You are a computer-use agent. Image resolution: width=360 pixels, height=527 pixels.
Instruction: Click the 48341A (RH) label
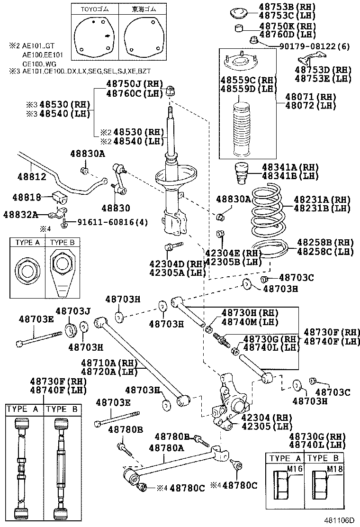(290, 167)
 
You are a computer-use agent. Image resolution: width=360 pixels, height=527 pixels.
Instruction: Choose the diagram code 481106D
(339, 520)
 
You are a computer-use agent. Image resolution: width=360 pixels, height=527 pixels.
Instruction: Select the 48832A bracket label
(21, 215)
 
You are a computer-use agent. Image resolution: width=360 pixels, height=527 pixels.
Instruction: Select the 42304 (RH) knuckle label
(264, 418)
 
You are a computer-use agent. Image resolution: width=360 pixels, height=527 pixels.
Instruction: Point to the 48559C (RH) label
(248, 80)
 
